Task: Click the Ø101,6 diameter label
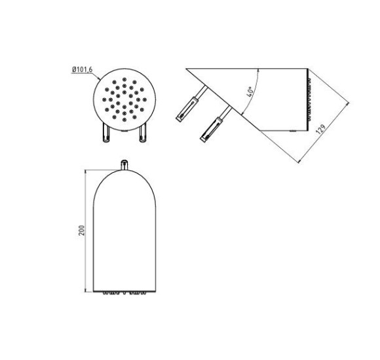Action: (82, 69)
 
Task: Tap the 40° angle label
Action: (250, 92)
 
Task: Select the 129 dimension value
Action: (320, 130)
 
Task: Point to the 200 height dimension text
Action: (82, 230)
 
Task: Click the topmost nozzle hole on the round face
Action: (124, 79)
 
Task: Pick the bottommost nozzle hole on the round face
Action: (124, 120)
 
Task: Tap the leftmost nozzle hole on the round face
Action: (104, 99)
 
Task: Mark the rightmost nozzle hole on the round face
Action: (145, 99)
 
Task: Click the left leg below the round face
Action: (106, 132)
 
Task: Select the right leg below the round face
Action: (143, 132)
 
